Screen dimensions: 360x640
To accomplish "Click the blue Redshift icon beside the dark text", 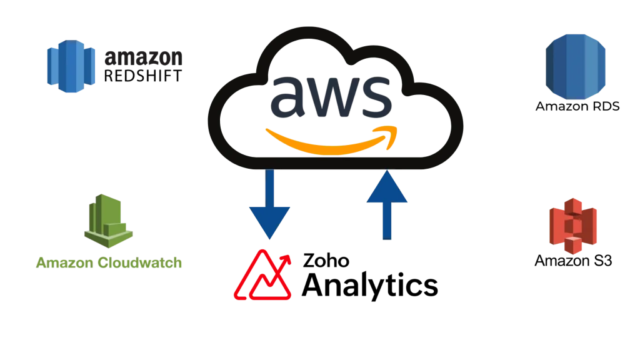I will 71,66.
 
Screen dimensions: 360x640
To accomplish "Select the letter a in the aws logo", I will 291,96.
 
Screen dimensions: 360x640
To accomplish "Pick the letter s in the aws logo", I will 376,97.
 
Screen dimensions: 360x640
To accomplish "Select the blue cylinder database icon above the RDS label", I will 576,66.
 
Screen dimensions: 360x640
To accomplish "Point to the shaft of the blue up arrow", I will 387,222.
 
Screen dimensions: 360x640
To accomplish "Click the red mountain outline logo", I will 262,279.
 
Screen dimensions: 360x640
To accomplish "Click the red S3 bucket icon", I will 572,226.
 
